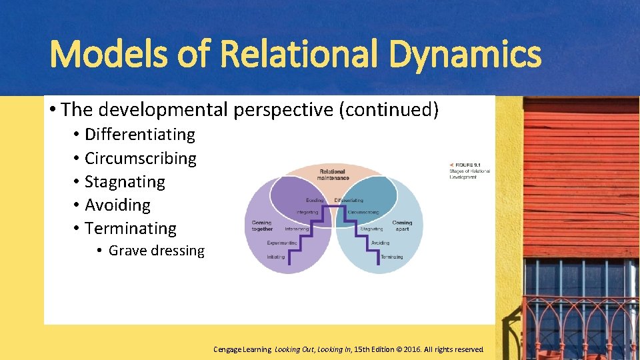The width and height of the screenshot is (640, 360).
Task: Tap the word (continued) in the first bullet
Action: [389, 109]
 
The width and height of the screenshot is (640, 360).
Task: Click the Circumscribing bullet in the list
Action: [141, 159]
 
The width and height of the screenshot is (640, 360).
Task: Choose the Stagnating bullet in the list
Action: [125, 182]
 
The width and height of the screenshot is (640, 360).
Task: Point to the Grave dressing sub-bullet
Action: [156, 251]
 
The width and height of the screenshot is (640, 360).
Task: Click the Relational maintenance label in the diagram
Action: [333, 175]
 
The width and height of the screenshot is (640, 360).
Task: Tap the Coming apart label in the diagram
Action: [402, 225]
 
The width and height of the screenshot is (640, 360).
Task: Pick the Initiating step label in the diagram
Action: [276, 257]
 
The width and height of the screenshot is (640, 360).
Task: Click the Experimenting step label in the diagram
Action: [281, 243]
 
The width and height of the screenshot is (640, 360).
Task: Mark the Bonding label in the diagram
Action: [315, 200]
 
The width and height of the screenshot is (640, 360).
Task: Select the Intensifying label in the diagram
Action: [297, 229]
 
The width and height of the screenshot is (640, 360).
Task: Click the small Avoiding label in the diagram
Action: [380, 243]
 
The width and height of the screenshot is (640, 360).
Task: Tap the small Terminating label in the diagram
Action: [391, 257]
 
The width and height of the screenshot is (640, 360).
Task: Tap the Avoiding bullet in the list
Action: [117, 205]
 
